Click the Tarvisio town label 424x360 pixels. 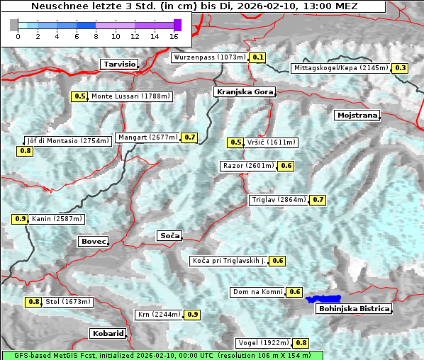[x=119, y=64]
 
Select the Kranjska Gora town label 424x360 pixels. [x=243, y=92]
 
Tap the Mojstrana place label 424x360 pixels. [x=357, y=115]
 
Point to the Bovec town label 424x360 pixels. [x=94, y=242]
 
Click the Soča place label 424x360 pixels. [x=169, y=235]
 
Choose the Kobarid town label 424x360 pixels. [x=108, y=333]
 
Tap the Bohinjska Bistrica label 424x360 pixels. [x=354, y=309]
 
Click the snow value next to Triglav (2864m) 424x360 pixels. [x=318, y=200]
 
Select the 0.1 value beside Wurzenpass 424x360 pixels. [x=258, y=57]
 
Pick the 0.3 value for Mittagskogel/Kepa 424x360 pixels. [x=401, y=68]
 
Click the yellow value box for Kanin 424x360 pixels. [x=20, y=219]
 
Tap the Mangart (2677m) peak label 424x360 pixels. [x=147, y=137]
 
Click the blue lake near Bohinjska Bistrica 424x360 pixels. [x=323, y=299]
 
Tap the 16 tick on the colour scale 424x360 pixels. [x=174, y=36]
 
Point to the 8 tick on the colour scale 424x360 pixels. [x=95, y=36]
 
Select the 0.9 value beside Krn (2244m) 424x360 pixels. [x=193, y=315]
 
